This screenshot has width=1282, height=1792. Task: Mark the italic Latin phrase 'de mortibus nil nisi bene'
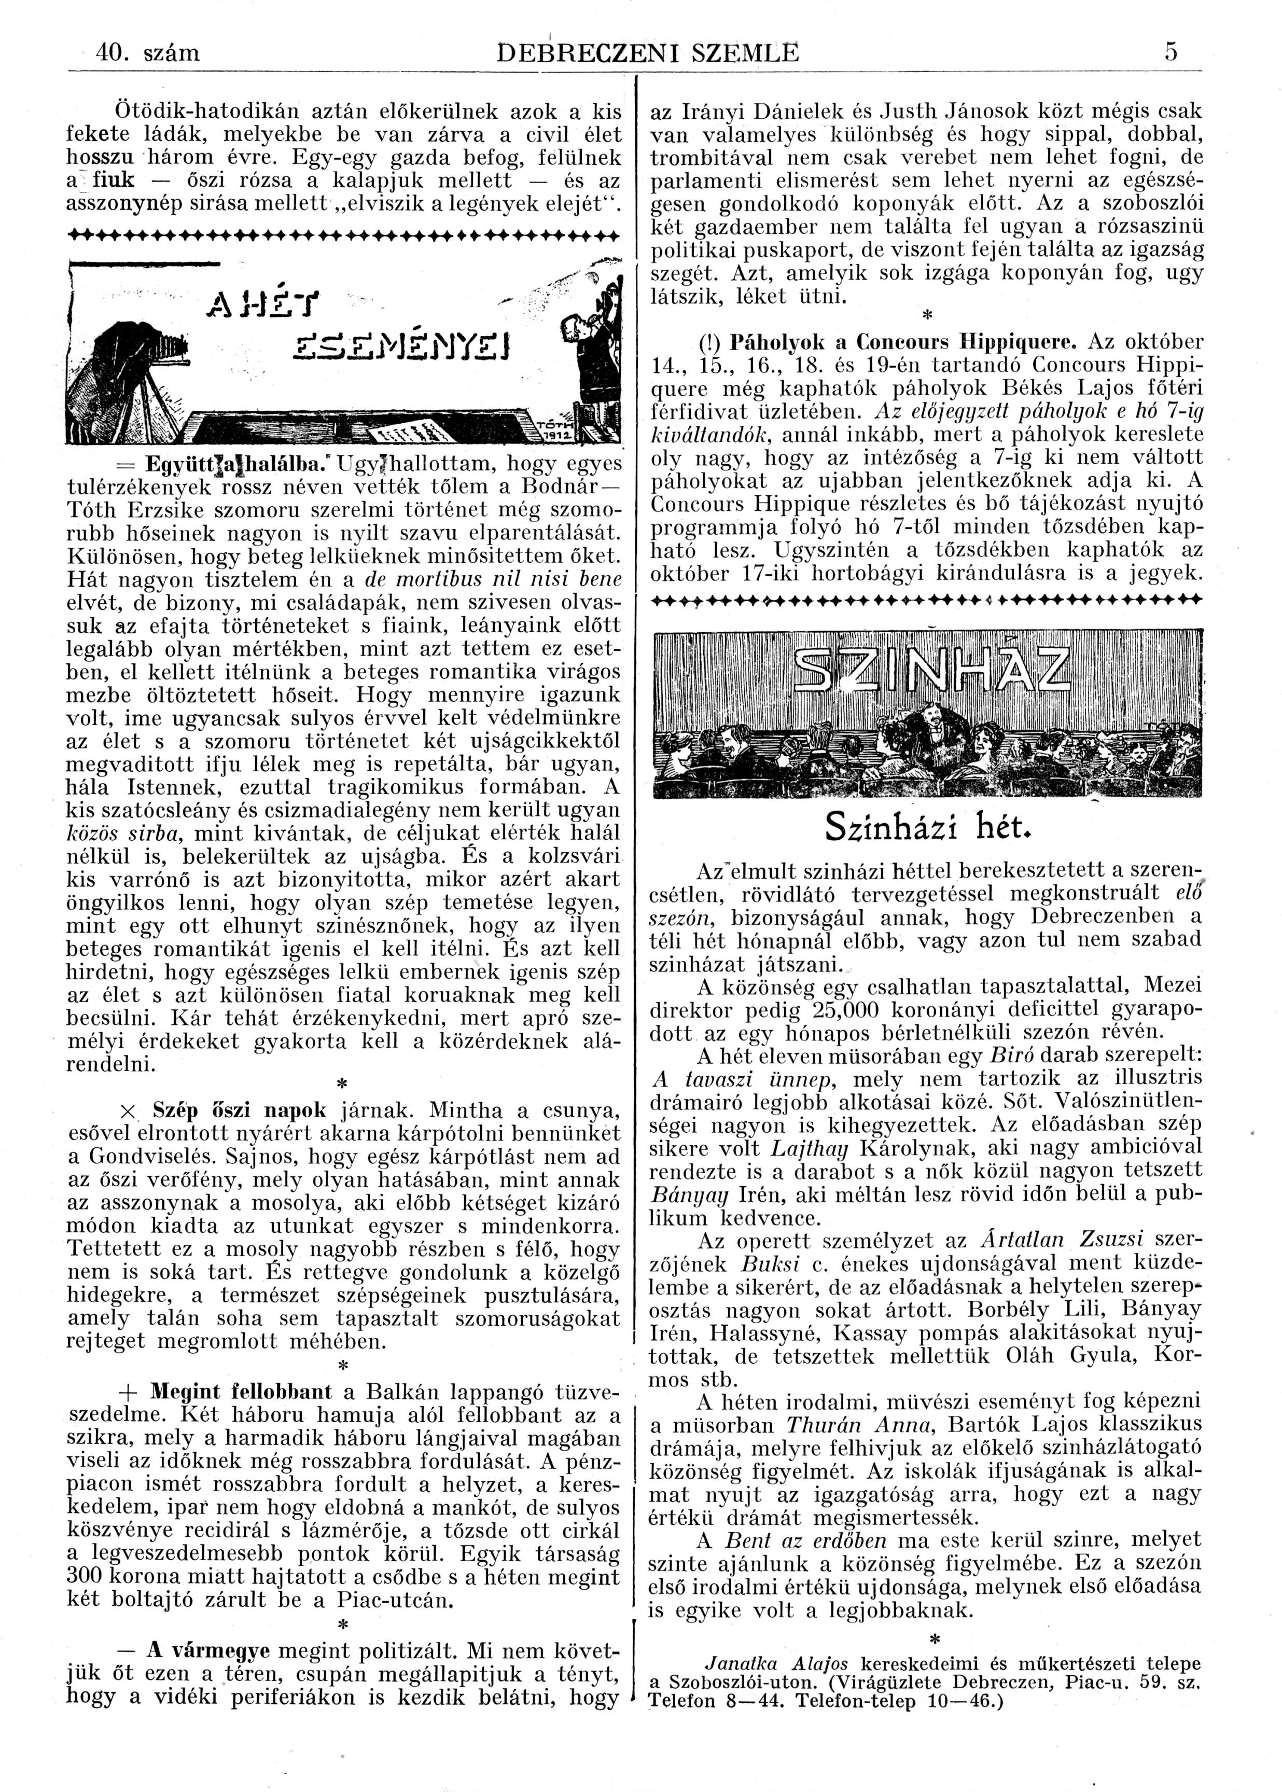pos(493,579)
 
